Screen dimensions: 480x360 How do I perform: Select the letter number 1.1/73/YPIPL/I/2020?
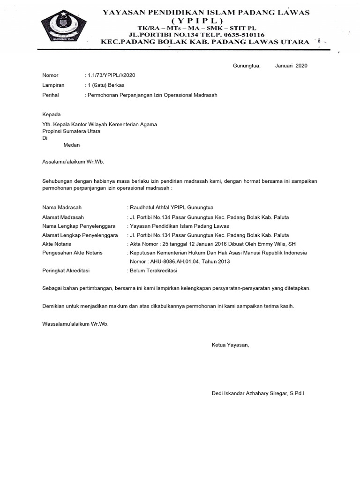coord(112,75)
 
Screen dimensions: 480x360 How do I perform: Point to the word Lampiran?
coord(53,85)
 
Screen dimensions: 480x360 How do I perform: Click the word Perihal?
coord(51,95)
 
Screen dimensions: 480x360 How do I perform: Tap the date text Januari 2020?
coord(291,66)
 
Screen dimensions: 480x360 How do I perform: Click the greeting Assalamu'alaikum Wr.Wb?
coord(73,162)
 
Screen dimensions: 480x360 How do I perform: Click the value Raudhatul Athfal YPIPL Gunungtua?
coord(172,207)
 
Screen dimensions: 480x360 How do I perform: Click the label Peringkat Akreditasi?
coord(66,271)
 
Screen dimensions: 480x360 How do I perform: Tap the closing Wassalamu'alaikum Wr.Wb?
coord(75,324)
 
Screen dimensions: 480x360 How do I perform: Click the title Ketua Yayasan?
coord(231,345)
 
